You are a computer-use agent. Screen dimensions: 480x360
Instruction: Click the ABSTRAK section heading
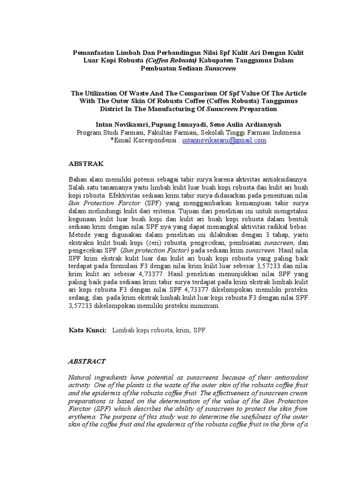tap(86, 164)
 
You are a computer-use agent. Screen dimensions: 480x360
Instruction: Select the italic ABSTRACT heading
tap(87, 361)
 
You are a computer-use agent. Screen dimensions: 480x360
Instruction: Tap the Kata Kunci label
tap(88, 330)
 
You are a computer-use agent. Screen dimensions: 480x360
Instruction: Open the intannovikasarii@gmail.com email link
tap(224, 140)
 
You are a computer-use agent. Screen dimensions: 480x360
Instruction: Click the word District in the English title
tap(112, 109)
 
